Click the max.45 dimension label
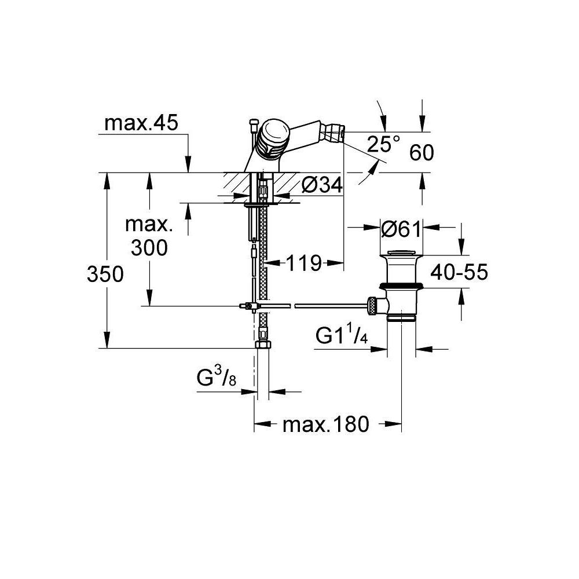141,123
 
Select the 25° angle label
384,144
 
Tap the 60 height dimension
422,152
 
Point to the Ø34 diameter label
322,185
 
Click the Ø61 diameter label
401,229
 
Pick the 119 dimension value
304,263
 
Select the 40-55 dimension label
459,272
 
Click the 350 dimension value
105,274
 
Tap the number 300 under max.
149,248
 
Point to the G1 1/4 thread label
342,336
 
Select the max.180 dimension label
325,424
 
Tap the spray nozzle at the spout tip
333,130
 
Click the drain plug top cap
401,252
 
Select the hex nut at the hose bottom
263,345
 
